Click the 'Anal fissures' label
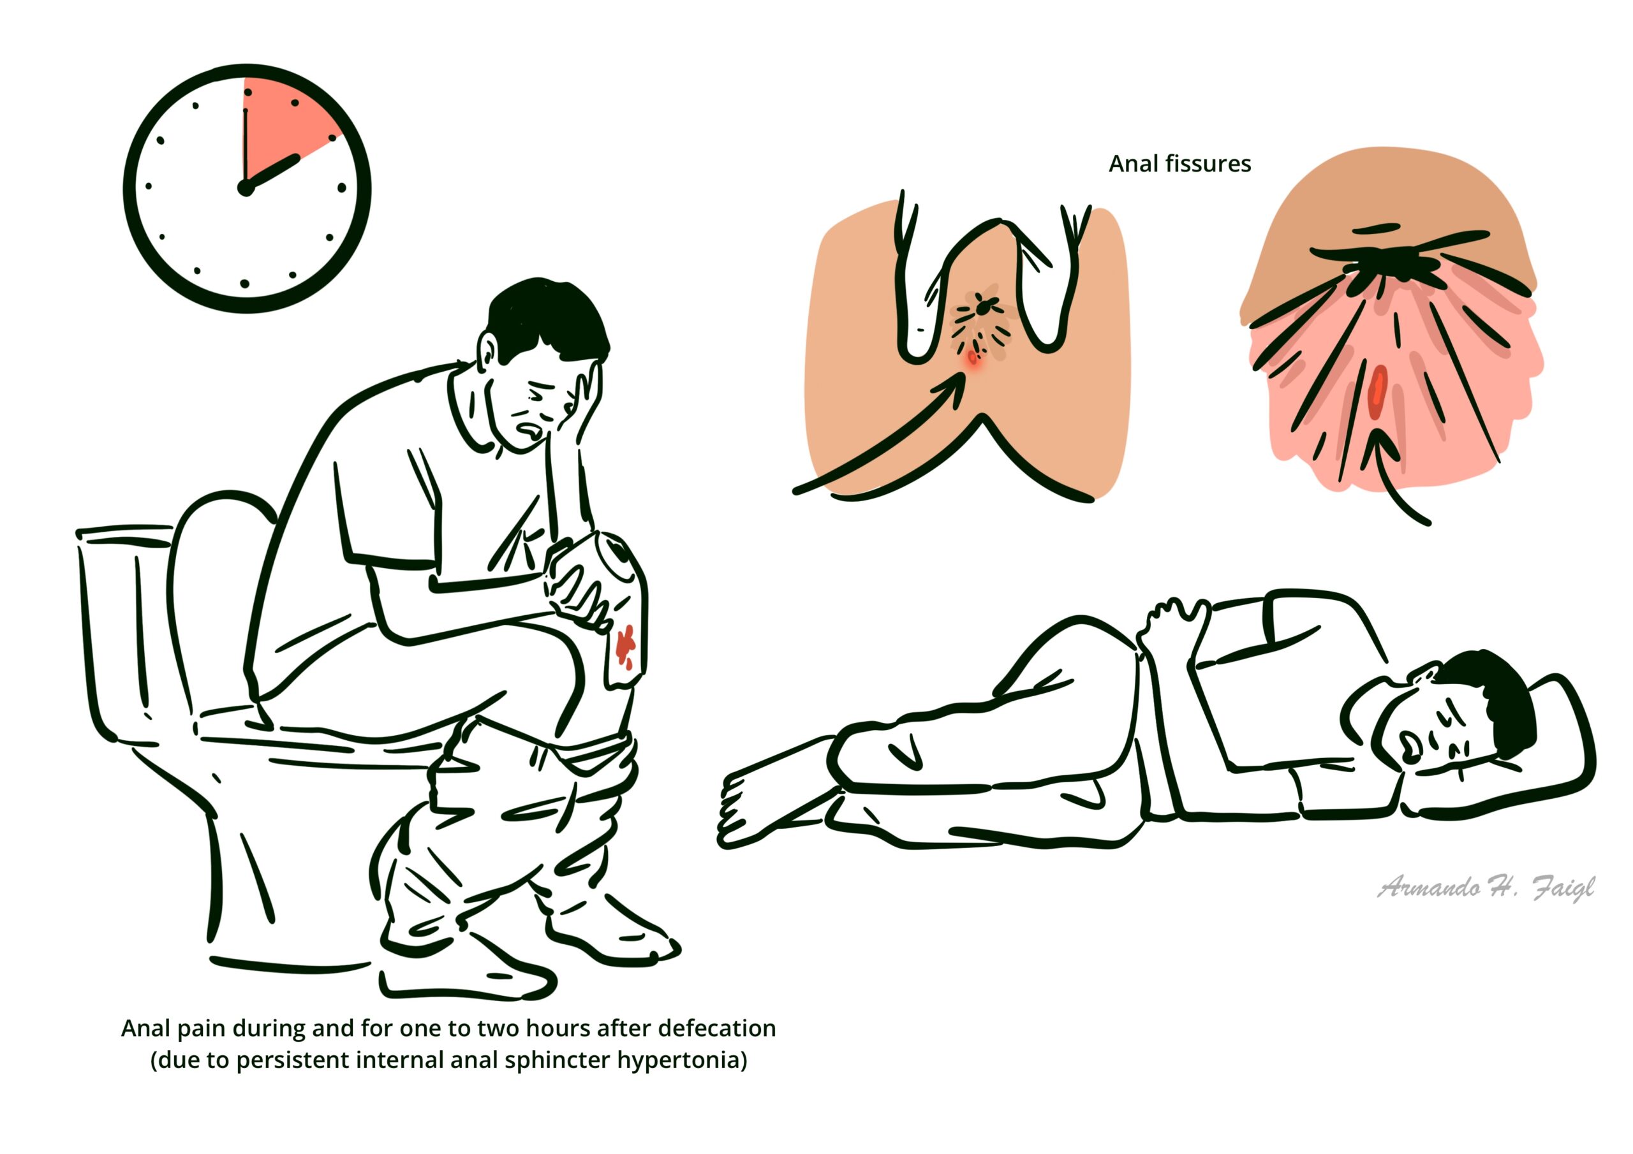pyautogui.click(x=1180, y=164)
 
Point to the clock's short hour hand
pyautogui.click(x=272, y=173)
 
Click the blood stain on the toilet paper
pyautogui.click(x=625, y=645)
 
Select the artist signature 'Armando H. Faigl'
pyautogui.click(x=1486, y=887)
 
